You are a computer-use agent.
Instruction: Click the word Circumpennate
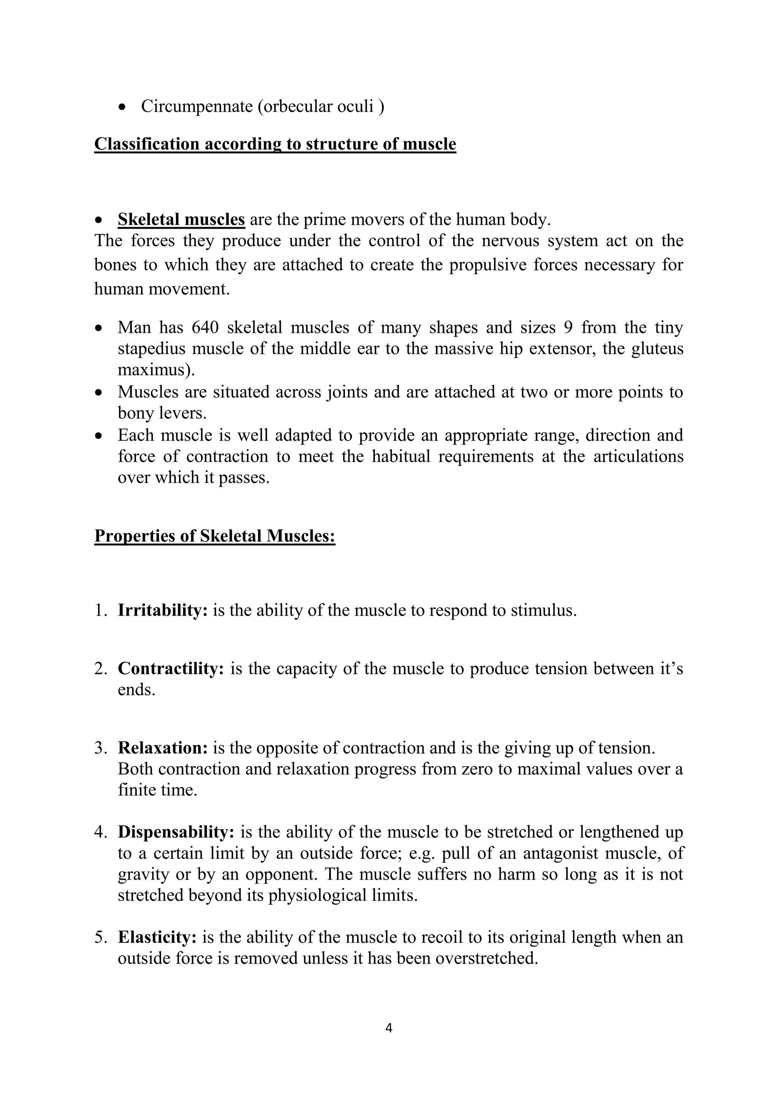pyautogui.click(x=196, y=106)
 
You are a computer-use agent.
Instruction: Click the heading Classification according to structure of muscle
pyautogui.click(x=275, y=144)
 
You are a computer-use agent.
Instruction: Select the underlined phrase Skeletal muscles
pyautogui.click(x=181, y=220)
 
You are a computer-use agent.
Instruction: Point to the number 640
pyautogui.click(x=205, y=328)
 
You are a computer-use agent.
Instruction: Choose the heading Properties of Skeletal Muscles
pyautogui.click(x=215, y=536)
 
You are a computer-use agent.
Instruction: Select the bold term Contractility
pyautogui.click(x=171, y=669)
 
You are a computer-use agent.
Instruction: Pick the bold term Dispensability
pyautogui.click(x=176, y=832)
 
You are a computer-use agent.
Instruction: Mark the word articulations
pyautogui.click(x=638, y=457)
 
